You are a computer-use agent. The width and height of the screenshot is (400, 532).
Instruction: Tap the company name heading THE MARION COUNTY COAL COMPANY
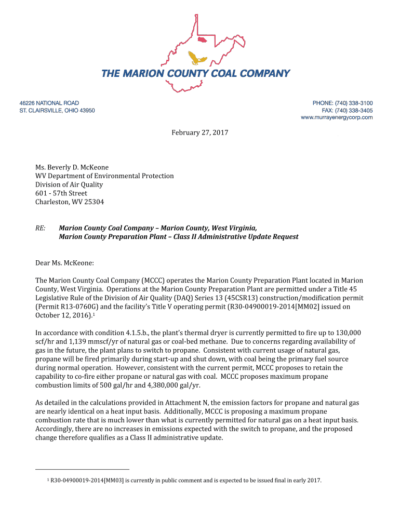pyautogui.click(x=196, y=74)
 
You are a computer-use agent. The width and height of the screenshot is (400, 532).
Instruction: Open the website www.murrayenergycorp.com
pyautogui.click(x=337, y=118)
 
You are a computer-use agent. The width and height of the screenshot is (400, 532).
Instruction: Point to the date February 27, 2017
pyautogui.click(x=200, y=133)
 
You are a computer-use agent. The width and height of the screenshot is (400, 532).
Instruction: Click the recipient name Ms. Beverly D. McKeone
pyautogui.click(x=72, y=167)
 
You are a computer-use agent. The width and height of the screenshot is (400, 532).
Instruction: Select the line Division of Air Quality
pyautogui.click(x=69, y=184)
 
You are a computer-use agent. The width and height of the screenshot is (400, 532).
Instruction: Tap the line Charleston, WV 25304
pyautogui.click(x=70, y=202)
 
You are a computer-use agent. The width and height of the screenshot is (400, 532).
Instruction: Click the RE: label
pyautogui.click(x=41, y=228)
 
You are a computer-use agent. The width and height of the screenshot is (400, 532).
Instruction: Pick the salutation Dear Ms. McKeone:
pyautogui.click(x=64, y=263)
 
